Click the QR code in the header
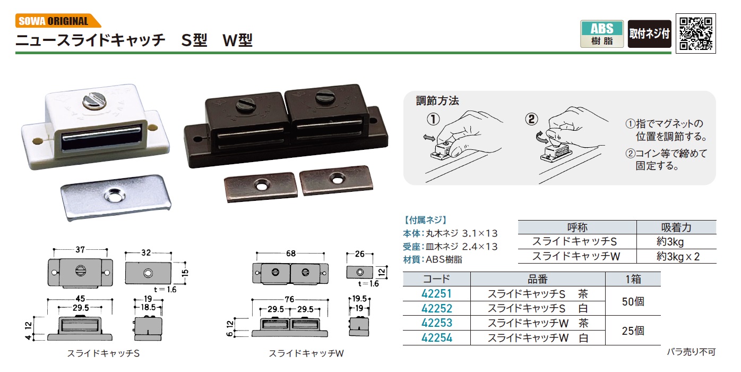pyautogui.click(x=695, y=33)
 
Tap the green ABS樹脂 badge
pyautogui.click(x=602, y=34)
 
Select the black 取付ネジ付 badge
pyautogui.click(x=649, y=34)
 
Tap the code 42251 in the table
pyautogui.click(x=436, y=294)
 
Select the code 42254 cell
pyautogui.click(x=436, y=338)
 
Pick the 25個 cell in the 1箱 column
pyautogui.click(x=633, y=331)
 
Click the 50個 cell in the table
pyautogui.click(x=633, y=301)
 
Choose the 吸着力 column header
pyautogui.click(x=676, y=227)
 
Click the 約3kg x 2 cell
pyautogui.click(x=678, y=256)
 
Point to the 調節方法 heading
pyautogui.click(x=437, y=100)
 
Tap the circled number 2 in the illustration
pyautogui.click(x=532, y=119)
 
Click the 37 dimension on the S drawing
pyautogui.click(x=80, y=249)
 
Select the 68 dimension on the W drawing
pyautogui.click(x=291, y=253)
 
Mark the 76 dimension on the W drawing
pyautogui.click(x=289, y=299)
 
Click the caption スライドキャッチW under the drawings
pyautogui.click(x=306, y=353)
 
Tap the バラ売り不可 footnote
pyautogui.click(x=691, y=352)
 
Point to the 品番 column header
pyautogui.click(x=538, y=279)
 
